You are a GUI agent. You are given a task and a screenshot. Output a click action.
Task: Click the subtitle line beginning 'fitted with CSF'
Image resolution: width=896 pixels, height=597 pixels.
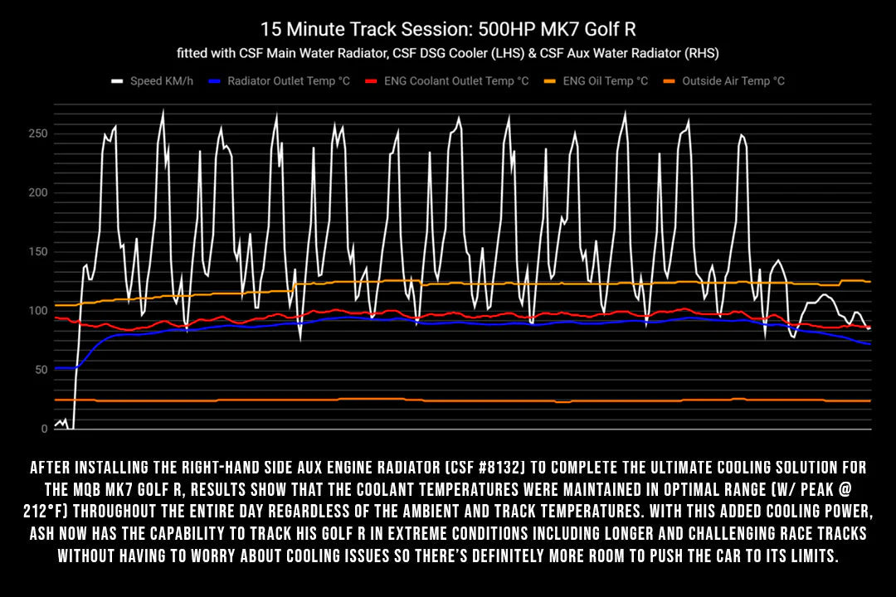pyautogui.click(x=448, y=53)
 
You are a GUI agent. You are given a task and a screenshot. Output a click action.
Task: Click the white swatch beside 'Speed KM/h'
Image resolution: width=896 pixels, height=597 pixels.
pyautogui.click(x=117, y=81)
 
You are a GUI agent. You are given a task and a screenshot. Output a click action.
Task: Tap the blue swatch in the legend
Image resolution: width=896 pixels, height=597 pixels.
pyautogui.click(x=215, y=81)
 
